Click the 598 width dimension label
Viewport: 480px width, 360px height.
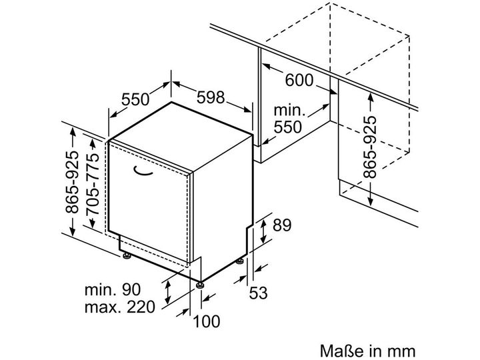211,97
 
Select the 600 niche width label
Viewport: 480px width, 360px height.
299,80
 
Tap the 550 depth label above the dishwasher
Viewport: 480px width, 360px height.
135,99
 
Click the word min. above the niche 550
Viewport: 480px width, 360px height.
289,110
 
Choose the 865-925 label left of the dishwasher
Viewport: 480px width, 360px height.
72,181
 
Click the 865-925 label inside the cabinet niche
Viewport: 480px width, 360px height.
370,147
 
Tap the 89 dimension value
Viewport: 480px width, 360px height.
282,225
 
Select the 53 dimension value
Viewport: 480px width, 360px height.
258,293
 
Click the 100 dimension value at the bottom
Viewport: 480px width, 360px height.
207,321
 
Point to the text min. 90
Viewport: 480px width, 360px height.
113,289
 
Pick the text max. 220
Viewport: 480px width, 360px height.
120,307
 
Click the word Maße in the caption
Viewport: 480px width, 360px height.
337,351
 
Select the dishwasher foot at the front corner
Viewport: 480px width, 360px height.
201,285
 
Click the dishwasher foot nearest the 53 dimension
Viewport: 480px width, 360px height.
240,261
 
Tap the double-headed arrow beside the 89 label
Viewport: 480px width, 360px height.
263,232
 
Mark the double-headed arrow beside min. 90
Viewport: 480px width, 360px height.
168,292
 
